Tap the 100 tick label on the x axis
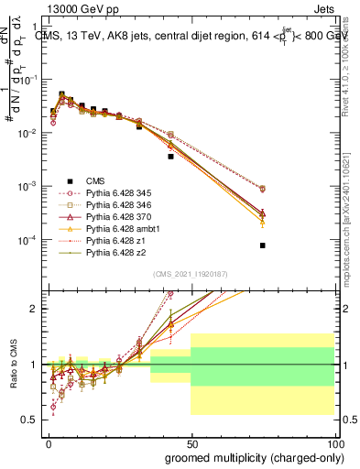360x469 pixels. (333, 443)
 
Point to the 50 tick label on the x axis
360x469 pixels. (191, 443)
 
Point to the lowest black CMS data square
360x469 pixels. (262, 245)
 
